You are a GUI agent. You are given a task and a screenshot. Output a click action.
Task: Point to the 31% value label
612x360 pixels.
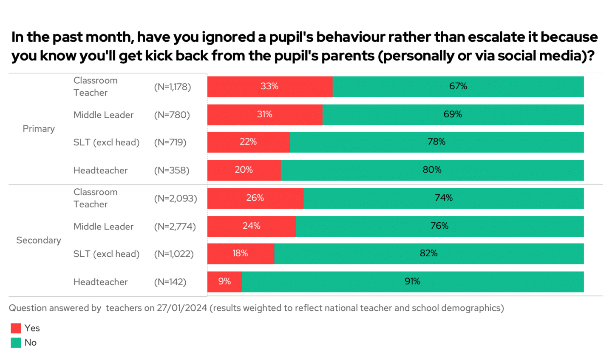[x=264, y=114]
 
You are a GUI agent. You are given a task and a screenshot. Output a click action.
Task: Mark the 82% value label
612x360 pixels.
[x=428, y=253]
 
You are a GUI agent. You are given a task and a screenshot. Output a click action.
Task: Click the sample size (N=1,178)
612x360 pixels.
[x=173, y=87]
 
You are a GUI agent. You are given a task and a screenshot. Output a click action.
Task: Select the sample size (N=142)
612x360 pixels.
[x=170, y=282]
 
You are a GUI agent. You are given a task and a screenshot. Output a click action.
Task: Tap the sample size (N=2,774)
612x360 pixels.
[x=175, y=227]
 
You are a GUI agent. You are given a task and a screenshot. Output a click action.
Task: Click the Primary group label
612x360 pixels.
[x=39, y=129]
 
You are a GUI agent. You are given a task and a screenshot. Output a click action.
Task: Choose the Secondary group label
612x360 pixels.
[x=39, y=240]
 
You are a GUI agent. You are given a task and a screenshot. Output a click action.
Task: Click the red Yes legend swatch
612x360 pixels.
[x=16, y=328]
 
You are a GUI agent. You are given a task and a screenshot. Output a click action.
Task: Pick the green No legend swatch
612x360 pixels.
[x=16, y=343]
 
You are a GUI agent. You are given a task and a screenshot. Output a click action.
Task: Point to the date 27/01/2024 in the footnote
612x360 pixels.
[x=182, y=308]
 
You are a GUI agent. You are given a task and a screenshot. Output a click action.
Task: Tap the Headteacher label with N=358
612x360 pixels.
[x=101, y=170]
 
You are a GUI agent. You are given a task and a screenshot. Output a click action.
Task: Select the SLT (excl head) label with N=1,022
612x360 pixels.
[x=106, y=254]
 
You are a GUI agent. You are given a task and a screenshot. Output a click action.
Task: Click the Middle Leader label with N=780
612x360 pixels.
[x=103, y=115]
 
